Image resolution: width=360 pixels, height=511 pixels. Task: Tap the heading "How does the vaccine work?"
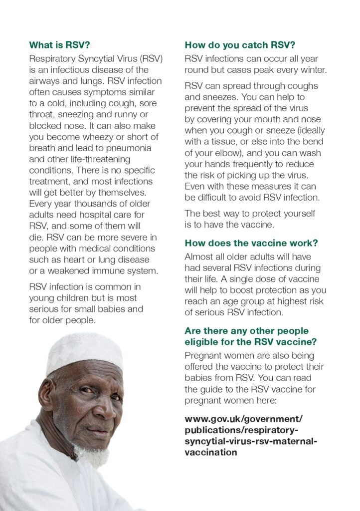(x=251, y=243)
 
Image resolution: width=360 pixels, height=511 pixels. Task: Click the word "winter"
(x=314, y=70)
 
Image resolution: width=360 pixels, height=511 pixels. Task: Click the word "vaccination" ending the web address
(x=210, y=453)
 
